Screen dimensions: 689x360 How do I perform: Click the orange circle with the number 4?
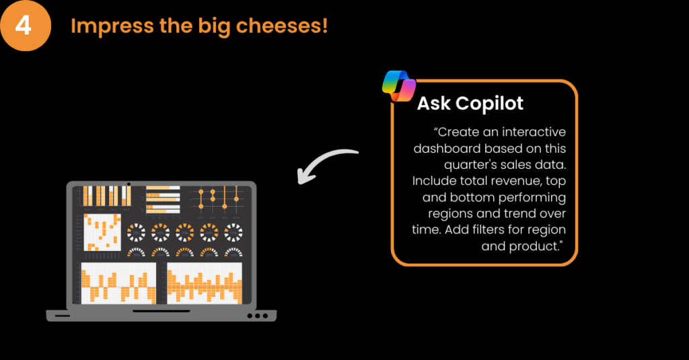click(x=26, y=26)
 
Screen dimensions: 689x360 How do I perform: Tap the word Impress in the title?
click(x=112, y=26)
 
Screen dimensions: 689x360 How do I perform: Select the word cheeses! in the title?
click(x=282, y=25)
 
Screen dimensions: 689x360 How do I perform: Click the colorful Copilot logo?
click(x=398, y=85)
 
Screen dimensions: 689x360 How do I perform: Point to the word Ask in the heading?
click(x=434, y=104)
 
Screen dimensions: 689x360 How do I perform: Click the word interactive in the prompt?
click(x=534, y=132)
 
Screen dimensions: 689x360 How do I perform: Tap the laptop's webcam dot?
click(x=129, y=184)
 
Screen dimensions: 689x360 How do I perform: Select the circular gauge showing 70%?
click(x=184, y=233)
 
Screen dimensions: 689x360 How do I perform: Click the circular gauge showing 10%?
click(x=233, y=233)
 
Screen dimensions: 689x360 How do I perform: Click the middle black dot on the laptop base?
click(x=258, y=316)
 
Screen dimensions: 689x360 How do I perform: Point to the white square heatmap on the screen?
click(x=102, y=233)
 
